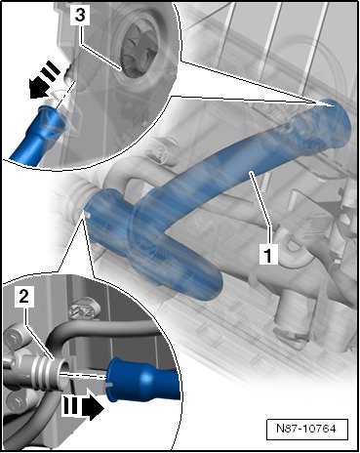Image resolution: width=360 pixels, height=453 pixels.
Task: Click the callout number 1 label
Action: click(x=268, y=255)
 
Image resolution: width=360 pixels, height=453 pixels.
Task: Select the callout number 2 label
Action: click(x=24, y=296)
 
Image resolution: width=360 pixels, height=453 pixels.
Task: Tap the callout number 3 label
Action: click(x=80, y=15)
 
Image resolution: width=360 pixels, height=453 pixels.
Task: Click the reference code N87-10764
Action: click(x=306, y=429)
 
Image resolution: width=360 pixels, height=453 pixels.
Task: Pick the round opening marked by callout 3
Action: click(x=140, y=50)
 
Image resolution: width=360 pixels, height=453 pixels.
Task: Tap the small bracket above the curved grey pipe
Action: click(x=84, y=309)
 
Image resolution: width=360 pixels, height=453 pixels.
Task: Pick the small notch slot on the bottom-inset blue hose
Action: click(x=110, y=385)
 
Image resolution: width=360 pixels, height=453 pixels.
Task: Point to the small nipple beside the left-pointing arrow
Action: click(x=69, y=74)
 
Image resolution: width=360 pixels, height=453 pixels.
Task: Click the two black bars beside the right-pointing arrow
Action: click(x=71, y=407)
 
